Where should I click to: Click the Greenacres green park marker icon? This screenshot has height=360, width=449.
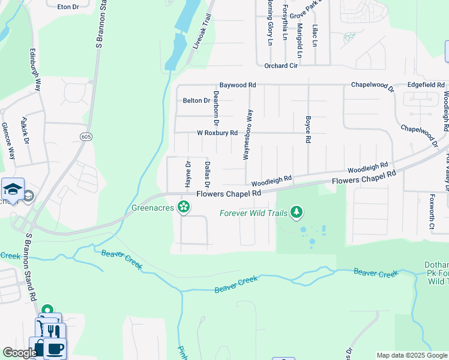[184, 208]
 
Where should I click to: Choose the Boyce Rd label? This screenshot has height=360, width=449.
[308, 129]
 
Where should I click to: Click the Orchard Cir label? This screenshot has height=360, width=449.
[281, 65]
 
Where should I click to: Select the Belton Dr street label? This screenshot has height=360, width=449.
[196, 101]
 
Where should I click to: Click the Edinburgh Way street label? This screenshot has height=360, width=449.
[35, 69]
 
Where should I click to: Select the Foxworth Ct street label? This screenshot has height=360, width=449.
[432, 211]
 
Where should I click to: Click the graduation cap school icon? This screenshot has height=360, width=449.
[13, 190]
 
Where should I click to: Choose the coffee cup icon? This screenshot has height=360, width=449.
[55, 348]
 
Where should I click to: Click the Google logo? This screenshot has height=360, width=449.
[20, 353]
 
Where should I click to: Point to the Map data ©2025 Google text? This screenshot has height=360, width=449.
[411, 355]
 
